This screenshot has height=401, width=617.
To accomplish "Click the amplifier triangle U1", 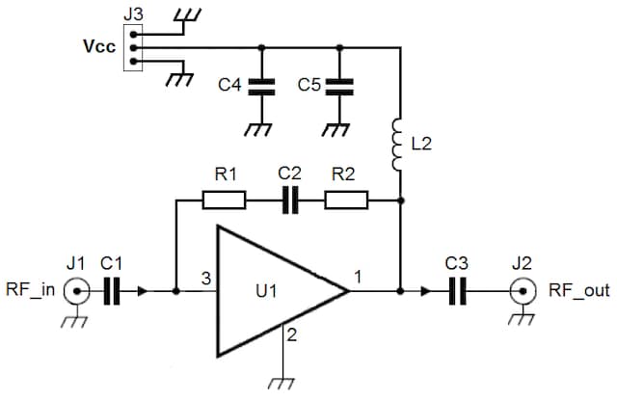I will click(x=275, y=288).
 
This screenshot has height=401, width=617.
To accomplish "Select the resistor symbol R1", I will click(x=224, y=200).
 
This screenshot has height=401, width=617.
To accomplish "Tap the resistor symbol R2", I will click(x=346, y=200).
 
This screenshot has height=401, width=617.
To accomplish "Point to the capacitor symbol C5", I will click(x=339, y=86).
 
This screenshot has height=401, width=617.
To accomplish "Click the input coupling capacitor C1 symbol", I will click(x=112, y=289).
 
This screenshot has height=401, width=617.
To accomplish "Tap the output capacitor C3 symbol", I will click(x=458, y=289).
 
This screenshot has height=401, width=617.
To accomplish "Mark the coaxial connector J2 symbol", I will click(x=523, y=289).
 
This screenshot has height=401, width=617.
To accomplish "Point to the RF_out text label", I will click(x=578, y=289).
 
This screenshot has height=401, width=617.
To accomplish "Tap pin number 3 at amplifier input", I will click(x=204, y=279).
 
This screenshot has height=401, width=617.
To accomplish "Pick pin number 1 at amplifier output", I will click(x=358, y=279).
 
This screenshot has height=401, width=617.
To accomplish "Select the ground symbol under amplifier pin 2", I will click(x=282, y=384).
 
